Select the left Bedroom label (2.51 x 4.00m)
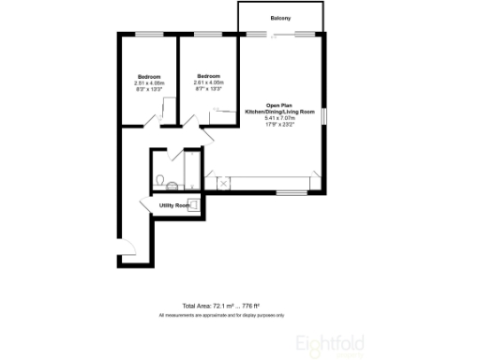[x=148, y=76]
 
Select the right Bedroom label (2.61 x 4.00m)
[x=208, y=76]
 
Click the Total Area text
[x=220, y=306]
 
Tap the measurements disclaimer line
[x=220, y=315]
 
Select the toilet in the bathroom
[x=160, y=179]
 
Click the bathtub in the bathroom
[x=192, y=171]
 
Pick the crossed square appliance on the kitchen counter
[x=223, y=182]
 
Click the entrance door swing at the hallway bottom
[x=129, y=248]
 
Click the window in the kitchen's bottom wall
[x=289, y=193]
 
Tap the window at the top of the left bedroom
[x=147, y=35]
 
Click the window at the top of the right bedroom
[x=208, y=35]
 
